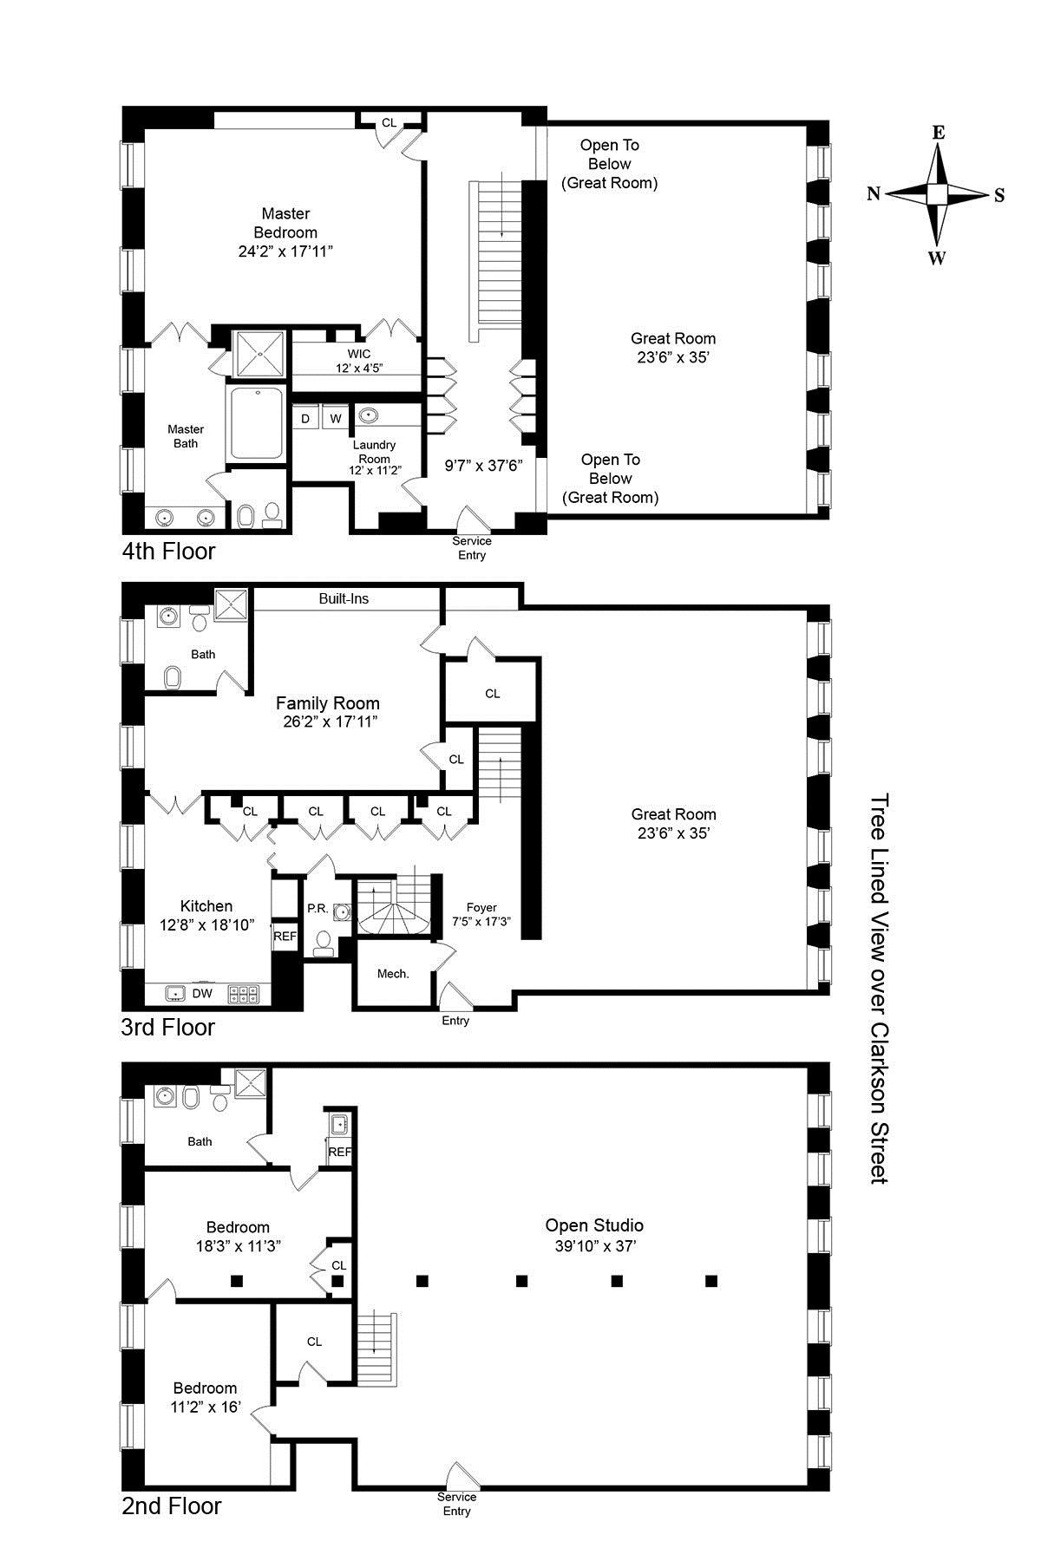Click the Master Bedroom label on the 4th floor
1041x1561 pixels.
(285, 223)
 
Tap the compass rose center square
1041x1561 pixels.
(937, 193)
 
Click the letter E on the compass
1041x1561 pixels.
(938, 133)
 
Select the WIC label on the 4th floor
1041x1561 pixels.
(359, 354)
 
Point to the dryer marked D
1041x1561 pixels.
(305, 418)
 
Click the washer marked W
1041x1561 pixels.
(336, 418)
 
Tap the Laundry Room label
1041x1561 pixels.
(374, 452)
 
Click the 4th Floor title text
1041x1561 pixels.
(168, 551)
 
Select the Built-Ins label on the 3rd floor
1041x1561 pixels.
(344, 598)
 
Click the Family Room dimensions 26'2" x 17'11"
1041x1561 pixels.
(327, 722)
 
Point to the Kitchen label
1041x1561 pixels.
(206, 906)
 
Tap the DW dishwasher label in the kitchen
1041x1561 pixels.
(202, 994)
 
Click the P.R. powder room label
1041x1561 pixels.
(317, 909)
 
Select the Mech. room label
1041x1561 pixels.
(393, 974)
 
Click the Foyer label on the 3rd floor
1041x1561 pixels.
(481, 907)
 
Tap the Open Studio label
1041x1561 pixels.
(594, 1225)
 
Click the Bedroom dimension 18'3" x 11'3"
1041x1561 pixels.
(238, 1246)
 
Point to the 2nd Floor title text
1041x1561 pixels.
(172, 1505)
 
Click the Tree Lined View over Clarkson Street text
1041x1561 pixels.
(880, 989)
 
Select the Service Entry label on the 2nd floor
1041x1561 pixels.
(456, 1504)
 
